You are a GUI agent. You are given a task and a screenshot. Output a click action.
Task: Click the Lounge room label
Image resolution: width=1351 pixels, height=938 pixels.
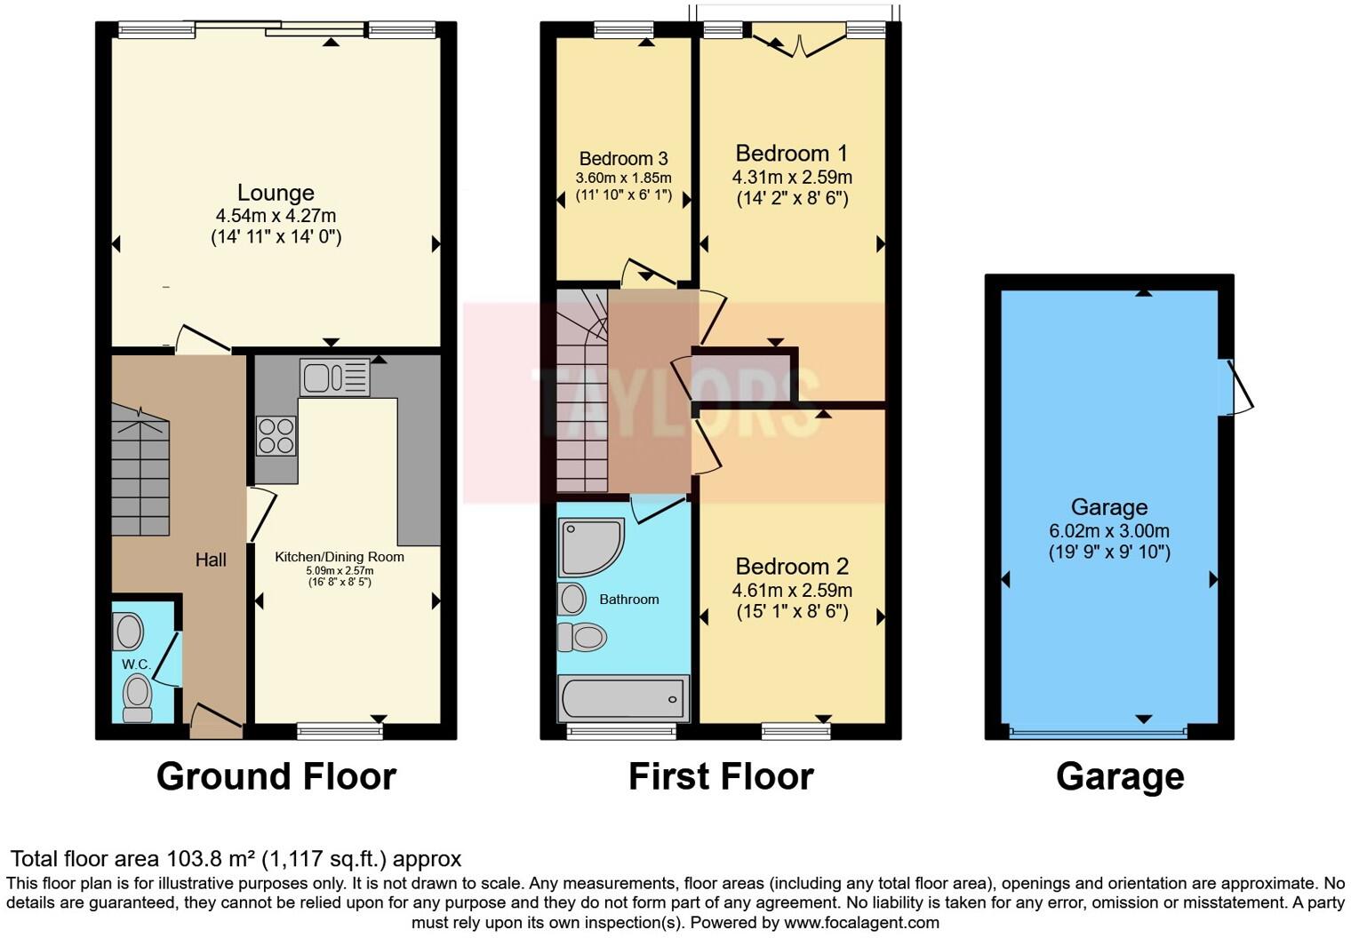pos(276,193)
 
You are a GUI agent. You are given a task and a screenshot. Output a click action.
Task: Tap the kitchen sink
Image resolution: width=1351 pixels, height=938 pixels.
pos(334,378)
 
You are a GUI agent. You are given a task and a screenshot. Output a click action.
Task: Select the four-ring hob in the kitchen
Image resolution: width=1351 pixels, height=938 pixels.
pos(276,436)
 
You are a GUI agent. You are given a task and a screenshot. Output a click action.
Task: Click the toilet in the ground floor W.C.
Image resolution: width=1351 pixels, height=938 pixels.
pos(137,696)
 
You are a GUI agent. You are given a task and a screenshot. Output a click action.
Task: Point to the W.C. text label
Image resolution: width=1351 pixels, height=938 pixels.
pos(136,664)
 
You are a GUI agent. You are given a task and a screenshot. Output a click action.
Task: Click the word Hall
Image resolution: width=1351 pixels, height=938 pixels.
pos(211,560)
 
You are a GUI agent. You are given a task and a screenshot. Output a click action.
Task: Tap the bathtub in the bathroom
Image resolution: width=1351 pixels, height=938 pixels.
pos(623,697)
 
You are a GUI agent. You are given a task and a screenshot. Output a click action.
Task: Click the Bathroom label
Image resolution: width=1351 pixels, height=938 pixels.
pos(628,600)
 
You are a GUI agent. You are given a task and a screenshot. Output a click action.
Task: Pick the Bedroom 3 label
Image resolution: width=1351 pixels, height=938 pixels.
pos(623,159)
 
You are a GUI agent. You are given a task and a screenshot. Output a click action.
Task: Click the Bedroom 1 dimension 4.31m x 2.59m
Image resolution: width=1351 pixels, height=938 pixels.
pos(792,178)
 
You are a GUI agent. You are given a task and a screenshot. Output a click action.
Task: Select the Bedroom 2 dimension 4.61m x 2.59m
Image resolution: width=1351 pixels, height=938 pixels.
pos(792,591)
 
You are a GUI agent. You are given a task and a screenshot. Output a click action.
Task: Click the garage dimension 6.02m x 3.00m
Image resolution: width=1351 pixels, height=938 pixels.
pos(1109,531)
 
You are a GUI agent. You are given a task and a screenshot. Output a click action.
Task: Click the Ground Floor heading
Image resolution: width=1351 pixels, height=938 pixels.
pos(276,776)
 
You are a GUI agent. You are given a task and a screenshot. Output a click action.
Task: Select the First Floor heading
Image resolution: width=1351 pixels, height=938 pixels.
pos(721,776)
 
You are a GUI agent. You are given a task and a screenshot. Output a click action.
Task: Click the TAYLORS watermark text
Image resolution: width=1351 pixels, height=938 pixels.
pos(675,402)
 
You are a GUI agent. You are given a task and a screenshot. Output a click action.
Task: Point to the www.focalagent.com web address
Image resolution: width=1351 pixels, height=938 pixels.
pos(861,922)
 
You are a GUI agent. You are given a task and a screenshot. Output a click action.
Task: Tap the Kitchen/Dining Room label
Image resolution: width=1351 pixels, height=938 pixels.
pos(339,557)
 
